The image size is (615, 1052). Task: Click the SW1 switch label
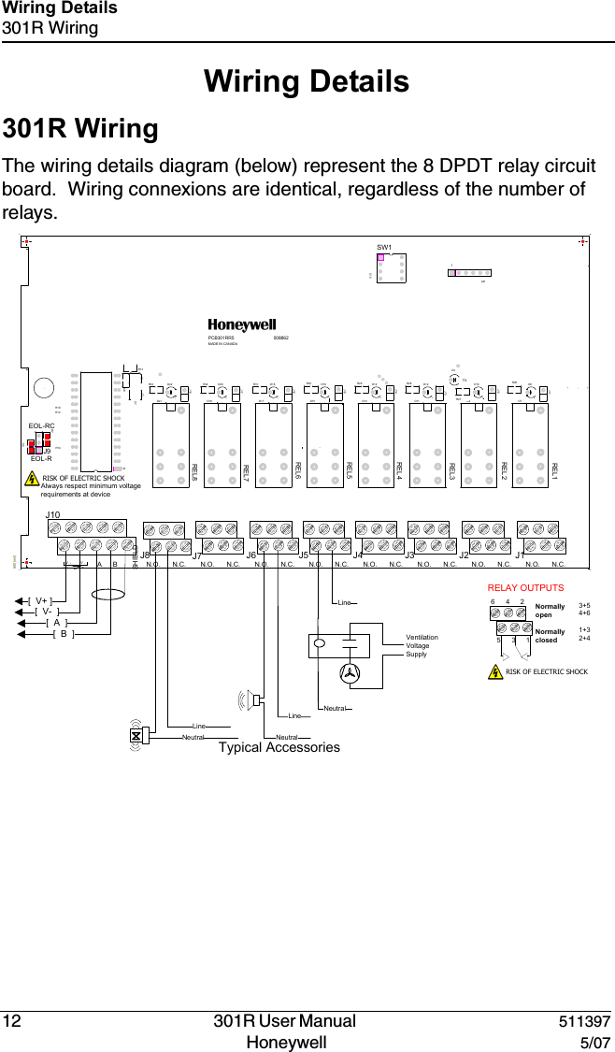click(x=383, y=248)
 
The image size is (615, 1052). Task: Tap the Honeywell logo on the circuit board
click(x=242, y=325)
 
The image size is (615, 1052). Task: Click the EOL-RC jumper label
click(x=41, y=425)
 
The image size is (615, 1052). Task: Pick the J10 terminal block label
click(x=53, y=515)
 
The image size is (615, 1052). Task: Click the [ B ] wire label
click(x=64, y=634)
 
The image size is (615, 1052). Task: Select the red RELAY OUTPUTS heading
click(x=527, y=587)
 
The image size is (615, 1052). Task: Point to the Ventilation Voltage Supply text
click(x=422, y=645)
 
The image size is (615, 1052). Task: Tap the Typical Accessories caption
click(x=279, y=747)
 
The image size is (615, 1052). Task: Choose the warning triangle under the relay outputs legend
click(x=495, y=671)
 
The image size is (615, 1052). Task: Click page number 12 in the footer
click(x=14, y=1021)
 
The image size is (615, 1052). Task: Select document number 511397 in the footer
click(x=585, y=1021)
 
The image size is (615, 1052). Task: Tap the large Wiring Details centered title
click(x=307, y=81)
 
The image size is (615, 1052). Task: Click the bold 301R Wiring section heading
click(x=81, y=127)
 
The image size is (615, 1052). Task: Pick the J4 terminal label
click(x=357, y=555)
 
